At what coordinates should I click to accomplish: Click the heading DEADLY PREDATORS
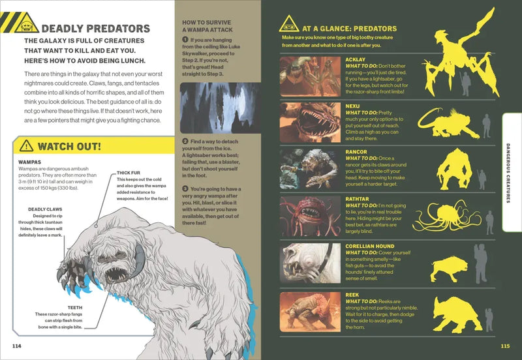point(95,29)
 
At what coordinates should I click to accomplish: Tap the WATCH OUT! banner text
point(69,146)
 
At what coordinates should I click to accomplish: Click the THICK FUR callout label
point(129,172)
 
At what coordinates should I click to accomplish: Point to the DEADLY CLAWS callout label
point(45,209)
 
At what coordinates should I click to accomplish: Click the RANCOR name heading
point(356,151)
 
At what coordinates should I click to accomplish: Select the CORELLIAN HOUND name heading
point(369,247)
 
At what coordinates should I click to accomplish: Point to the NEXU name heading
point(353,106)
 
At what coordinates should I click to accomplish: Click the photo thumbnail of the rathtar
point(310,216)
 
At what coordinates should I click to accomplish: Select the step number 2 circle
point(185,141)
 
